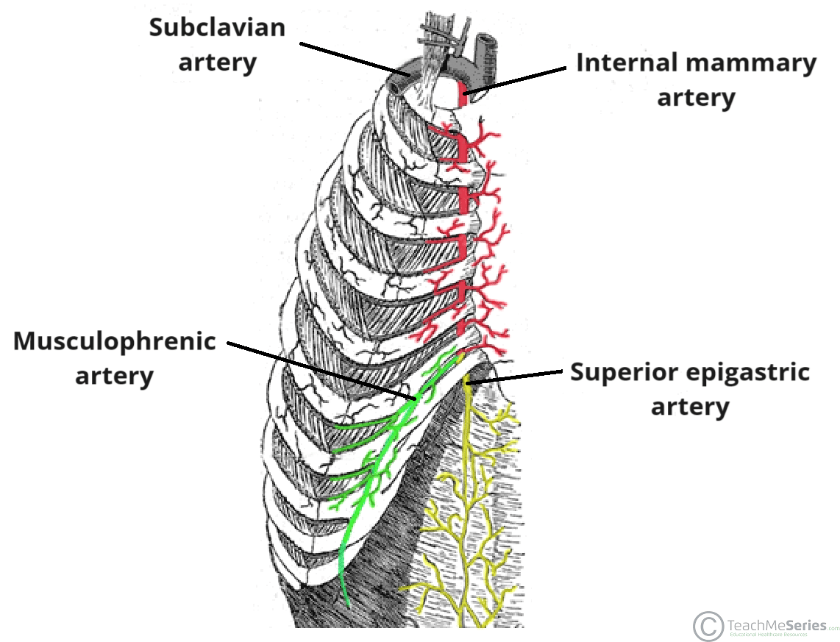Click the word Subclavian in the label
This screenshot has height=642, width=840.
216,29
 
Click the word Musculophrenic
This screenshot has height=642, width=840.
115,341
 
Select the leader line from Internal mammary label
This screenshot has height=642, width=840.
515,80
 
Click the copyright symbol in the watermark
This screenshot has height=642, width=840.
708,626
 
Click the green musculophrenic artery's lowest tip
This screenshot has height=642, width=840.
346,605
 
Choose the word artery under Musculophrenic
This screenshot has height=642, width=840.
115,376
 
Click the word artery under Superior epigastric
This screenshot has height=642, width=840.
689,406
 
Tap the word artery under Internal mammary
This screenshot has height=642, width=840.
695,98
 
